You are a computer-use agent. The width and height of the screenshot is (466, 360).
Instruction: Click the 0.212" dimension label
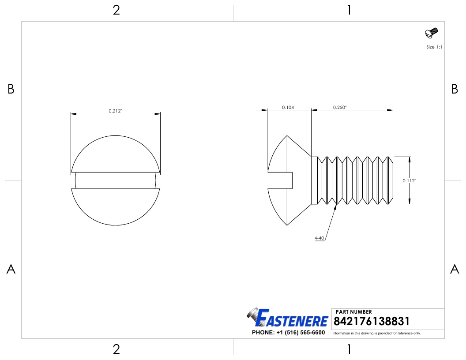(x=116, y=111)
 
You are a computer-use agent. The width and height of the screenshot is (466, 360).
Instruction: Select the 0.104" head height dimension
(x=289, y=107)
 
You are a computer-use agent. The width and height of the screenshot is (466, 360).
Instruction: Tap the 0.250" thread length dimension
(x=340, y=107)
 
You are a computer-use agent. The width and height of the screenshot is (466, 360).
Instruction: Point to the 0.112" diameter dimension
(x=410, y=180)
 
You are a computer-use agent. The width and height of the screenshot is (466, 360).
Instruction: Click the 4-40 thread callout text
(x=319, y=238)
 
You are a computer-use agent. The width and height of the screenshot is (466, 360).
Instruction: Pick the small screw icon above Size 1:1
(x=431, y=33)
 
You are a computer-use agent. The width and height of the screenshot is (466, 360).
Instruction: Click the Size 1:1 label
(x=434, y=47)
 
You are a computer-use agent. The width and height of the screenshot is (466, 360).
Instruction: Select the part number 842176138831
(x=372, y=321)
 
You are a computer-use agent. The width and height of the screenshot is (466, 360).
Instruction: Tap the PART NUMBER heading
(x=354, y=312)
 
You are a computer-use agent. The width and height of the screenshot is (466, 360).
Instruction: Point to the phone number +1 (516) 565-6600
(x=288, y=333)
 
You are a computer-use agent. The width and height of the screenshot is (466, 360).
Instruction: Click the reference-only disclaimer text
(x=376, y=333)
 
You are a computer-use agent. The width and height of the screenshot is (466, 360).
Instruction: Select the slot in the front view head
(x=116, y=180)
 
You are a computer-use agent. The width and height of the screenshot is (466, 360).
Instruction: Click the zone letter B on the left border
(x=11, y=90)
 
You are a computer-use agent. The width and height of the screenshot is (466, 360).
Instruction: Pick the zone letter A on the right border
(x=455, y=269)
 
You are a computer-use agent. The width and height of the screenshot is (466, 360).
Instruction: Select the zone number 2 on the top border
(x=116, y=10)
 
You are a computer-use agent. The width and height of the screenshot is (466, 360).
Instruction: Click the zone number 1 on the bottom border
(x=349, y=350)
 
